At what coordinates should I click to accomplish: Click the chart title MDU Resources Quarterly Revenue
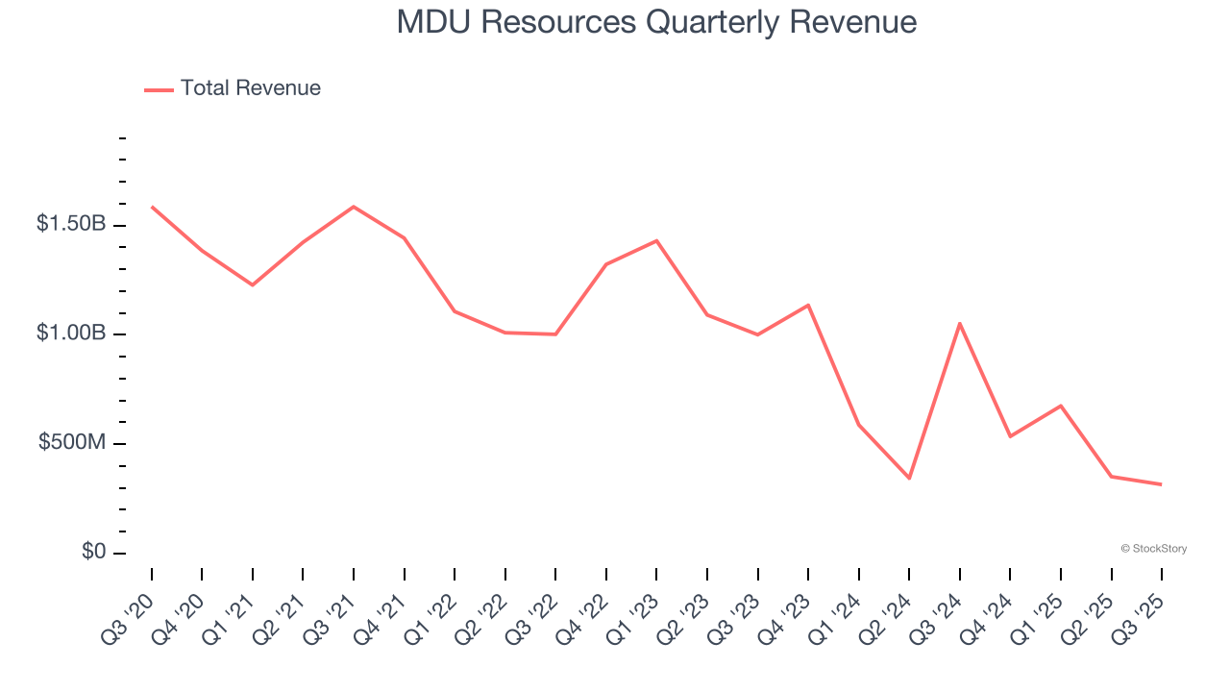tap(656, 22)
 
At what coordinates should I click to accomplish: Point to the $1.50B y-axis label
tap(71, 224)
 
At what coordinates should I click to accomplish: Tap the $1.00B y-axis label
tap(71, 334)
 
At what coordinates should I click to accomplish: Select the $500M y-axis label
tap(72, 443)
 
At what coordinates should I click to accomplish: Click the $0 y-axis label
tap(92, 553)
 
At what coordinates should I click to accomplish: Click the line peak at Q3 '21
tap(354, 207)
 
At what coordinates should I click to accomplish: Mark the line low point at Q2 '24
tap(909, 478)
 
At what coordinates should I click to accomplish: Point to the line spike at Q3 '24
tap(960, 324)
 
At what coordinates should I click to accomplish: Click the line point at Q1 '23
tap(656, 240)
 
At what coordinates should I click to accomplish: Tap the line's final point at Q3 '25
tap(1161, 484)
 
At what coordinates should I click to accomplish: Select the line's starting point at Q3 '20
tap(153, 207)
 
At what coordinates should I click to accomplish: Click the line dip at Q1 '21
tap(253, 284)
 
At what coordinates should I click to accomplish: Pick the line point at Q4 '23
tap(808, 306)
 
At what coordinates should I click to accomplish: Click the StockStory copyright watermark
tap(1153, 549)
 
